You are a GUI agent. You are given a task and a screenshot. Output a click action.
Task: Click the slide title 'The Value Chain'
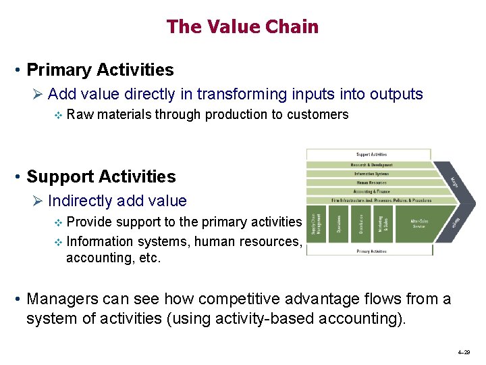point(242,27)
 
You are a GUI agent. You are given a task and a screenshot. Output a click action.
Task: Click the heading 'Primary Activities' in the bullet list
point(100,70)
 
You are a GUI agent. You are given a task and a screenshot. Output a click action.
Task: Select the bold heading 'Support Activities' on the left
point(101,177)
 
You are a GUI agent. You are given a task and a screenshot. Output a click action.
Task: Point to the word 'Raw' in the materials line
point(80,114)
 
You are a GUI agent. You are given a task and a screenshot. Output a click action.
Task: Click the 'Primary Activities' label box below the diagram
point(370,251)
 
